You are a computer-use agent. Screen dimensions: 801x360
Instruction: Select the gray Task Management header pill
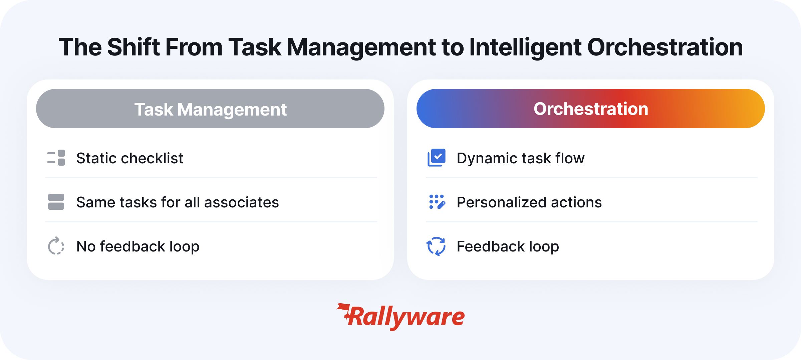tap(210, 109)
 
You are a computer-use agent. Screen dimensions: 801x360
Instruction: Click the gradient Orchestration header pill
tap(591, 109)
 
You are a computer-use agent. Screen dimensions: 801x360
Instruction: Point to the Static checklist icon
tap(56, 158)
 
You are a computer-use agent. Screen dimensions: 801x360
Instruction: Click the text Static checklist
tap(130, 158)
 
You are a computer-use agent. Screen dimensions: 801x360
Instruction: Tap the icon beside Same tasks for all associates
tap(56, 202)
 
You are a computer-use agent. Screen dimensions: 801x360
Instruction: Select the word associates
tap(242, 202)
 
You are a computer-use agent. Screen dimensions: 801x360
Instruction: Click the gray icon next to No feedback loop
tap(56, 246)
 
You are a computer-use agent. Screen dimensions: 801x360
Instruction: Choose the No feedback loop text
tap(138, 246)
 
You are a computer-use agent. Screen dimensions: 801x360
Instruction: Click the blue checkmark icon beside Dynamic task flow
tap(437, 158)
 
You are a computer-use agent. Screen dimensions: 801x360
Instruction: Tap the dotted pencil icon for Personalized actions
tap(437, 202)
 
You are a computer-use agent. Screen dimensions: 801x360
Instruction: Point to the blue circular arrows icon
tap(436, 246)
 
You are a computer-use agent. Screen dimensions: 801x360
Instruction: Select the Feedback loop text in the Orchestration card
tap(508, 246)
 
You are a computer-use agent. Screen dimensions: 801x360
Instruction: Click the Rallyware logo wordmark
tap(400, 317)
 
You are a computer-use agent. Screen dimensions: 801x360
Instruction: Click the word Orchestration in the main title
tap(665, 47)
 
